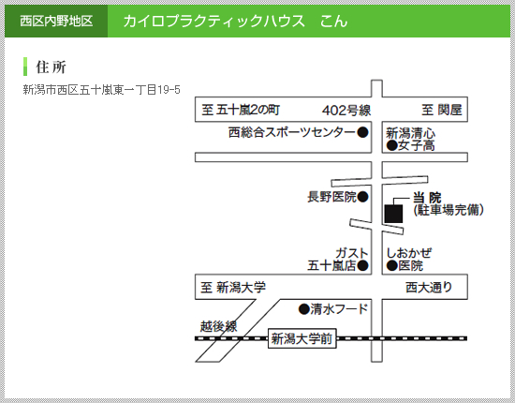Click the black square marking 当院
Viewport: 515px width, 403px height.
pyautogui.click(x=394, y=214)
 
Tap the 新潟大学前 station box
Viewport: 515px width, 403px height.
pyautogui.click(x=302, y=338)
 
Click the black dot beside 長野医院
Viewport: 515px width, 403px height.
pyautogui.click(x=362, y=197)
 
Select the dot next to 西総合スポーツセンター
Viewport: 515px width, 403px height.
pyautogui.click(x=362, y=132)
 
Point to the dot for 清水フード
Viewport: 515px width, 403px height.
pyautogui.click(x=304, y=309)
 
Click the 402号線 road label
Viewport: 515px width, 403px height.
pyautogui.click(x=346, y=110)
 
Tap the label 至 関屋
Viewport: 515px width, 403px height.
pyautogui.click(x=442, y=110)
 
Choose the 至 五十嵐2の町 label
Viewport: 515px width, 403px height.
pyautogui.click(x=241, y=110)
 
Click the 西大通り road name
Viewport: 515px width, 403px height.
pyautogui.click(x=429, y=288)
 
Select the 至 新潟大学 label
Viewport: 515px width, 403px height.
pyautogui.click(x=233, y=288)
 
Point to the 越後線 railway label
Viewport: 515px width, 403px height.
pyautogui.click(x=219, y=326)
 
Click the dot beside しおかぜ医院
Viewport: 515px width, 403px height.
pyautogui.click(x=392, y=265)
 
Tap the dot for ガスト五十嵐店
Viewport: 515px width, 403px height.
pyautogui.click(x=362, y=265)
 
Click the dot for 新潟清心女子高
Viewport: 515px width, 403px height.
pyautogui.click(x=392, y=145)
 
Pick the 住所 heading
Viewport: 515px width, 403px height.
pyautogui.click(x=51, y=67)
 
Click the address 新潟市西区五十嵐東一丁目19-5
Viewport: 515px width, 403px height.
pyautogui.click(x=101, y=90)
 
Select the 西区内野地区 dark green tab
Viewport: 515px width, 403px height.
pyautogui.click(x=56, y=21)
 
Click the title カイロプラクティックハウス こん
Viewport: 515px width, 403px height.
pyautogui.click(x=235, y=22)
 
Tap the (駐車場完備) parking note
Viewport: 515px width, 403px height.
pyautogui.click(x=449, y=210)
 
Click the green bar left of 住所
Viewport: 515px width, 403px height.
pyautogui.click(x=25, y=67)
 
